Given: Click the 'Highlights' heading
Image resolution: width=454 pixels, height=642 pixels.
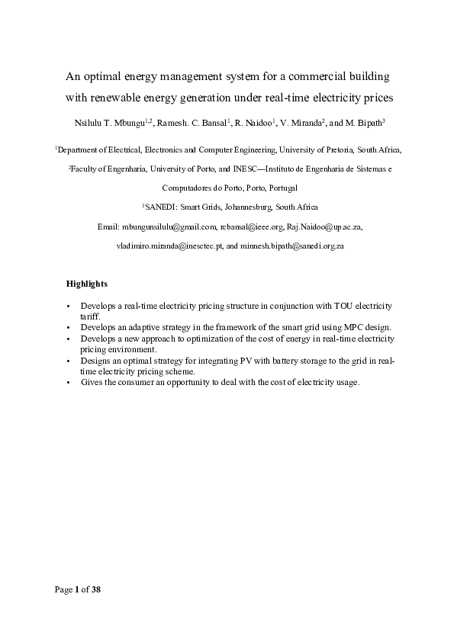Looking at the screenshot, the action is (87, 284).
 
